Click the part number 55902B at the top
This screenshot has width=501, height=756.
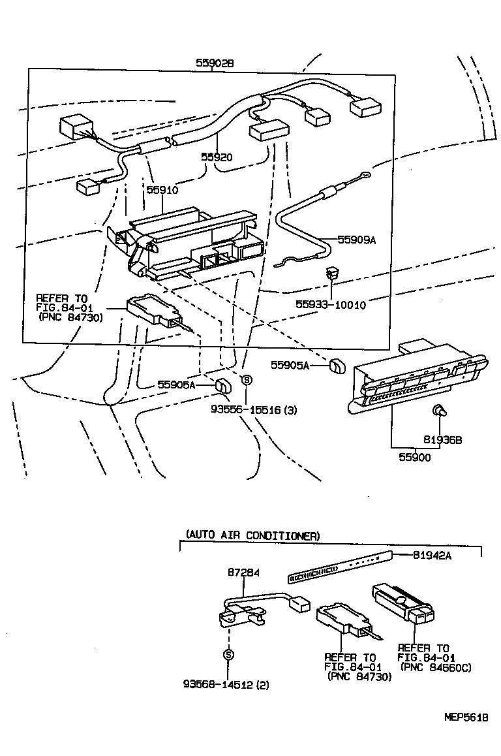pos(215,63)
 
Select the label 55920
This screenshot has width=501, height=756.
pos(217,157)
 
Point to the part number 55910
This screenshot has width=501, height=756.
pos(162,190)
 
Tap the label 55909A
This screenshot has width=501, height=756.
pos(357,240)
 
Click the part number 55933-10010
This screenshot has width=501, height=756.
pos(331,305)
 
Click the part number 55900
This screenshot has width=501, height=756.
pos(415,458)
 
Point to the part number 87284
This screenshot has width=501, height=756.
pos(243,573)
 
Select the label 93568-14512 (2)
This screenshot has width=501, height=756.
pos(226,685)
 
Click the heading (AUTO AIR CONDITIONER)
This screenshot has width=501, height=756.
pos(252,535)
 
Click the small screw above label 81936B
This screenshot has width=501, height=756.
pos(439,411)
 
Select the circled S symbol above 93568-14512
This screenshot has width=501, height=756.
pos(228,654)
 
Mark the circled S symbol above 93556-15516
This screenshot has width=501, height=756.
pos(246,380)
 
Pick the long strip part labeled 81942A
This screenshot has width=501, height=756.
pos(339,565)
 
